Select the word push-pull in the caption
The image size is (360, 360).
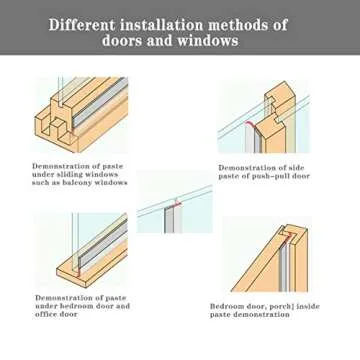[x=270, y=174]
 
